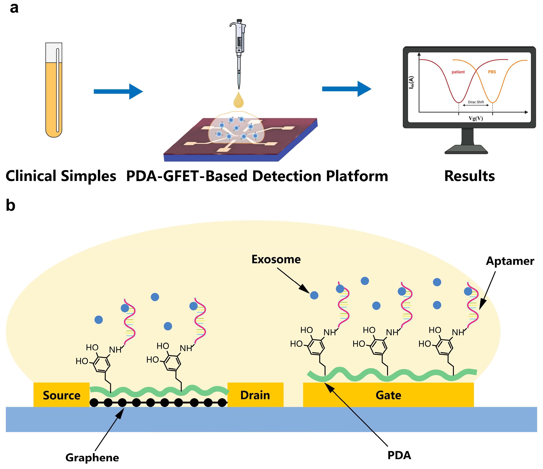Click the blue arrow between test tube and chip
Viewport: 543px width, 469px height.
[x=118, y=91]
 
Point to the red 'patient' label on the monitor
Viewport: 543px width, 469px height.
[x=458, y=72]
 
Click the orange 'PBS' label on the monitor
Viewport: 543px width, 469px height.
[x=492, y=72]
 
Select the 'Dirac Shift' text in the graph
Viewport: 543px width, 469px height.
[x=476, y=102]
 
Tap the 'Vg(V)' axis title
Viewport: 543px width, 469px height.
[x=476, y=118]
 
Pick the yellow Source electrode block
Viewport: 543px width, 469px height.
[x=62, y=395]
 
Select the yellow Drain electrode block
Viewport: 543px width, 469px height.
[x=255, y=395]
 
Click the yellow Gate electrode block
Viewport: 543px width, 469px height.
[x=388, y=395]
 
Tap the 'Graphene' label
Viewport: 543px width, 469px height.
[x=92, y=457]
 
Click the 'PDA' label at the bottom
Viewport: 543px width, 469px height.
[x=399, y=455]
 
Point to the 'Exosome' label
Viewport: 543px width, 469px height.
[x=276, y=259]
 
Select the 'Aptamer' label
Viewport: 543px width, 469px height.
[x=510, y=261]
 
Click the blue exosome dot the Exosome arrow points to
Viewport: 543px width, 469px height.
[x=314, y=295]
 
